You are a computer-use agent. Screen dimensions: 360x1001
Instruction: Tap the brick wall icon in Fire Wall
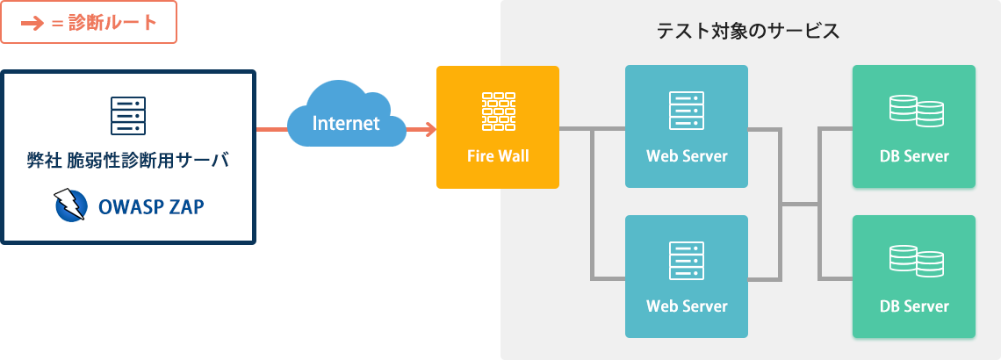pos(497,111)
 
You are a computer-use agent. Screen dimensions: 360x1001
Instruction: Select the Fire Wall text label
pos(497,156)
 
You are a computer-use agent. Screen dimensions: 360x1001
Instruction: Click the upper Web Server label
pos(687,156)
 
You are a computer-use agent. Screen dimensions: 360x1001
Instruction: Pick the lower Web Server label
pos(687,306)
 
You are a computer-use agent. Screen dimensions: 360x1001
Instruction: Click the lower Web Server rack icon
pos(687,261)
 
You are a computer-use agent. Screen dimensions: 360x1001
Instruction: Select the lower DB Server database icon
pos(915,261)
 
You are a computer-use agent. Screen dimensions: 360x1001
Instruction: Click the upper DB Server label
pos(914,156)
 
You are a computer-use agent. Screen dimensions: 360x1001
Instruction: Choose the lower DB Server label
pos(914,306)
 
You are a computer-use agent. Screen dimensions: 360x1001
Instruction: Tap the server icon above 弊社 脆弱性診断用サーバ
pos(128,116)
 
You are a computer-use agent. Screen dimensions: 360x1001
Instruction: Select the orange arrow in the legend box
pos(32,23)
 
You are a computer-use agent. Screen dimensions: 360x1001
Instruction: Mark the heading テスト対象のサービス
pos(748,32)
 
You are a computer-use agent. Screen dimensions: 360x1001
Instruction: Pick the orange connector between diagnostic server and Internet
pos(271,129)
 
